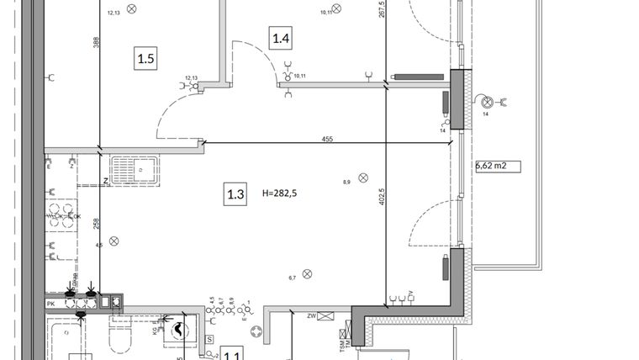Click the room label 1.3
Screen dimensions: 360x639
235,195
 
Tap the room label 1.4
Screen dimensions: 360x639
281,37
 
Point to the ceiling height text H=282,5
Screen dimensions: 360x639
279,193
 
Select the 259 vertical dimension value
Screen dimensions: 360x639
97,222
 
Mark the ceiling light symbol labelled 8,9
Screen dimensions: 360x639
363,177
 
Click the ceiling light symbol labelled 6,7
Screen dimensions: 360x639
308,273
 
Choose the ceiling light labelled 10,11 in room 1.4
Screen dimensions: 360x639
335,9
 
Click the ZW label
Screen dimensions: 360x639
311,316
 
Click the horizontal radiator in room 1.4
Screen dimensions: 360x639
418,77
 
